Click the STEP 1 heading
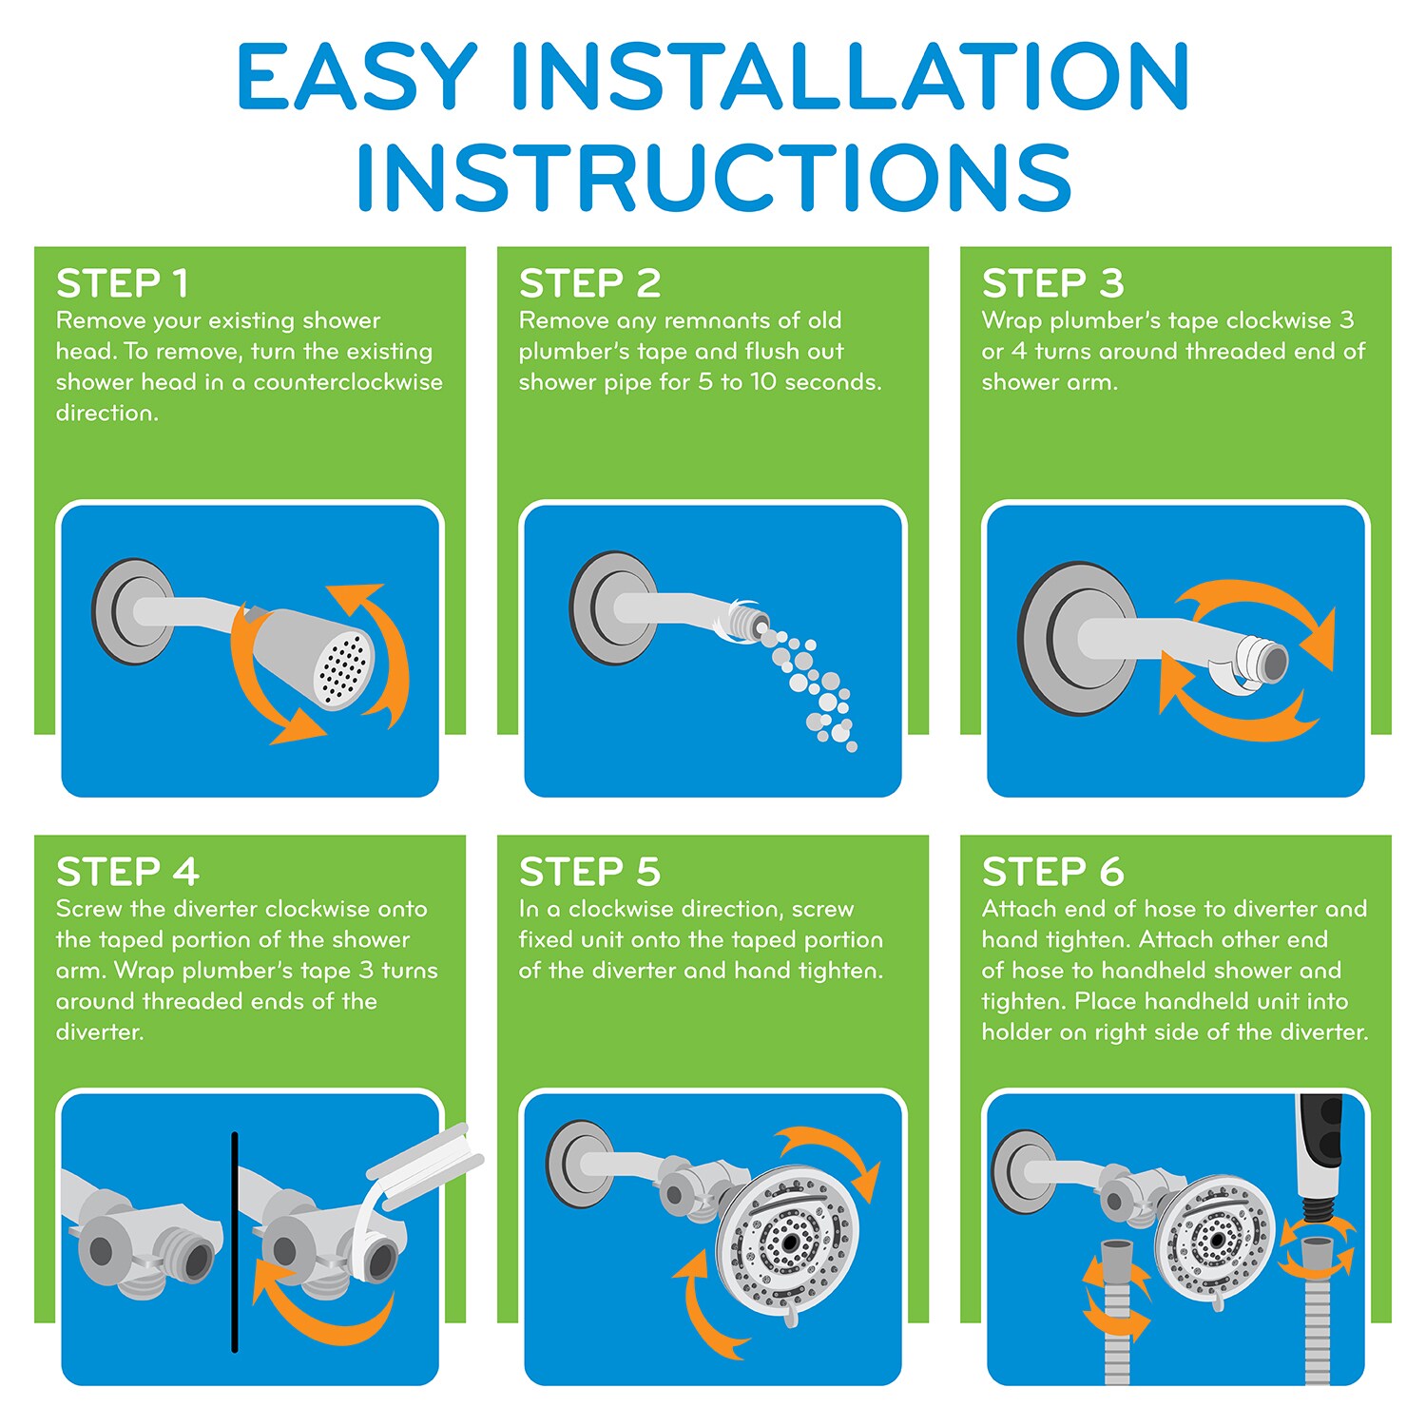pyautogui.click(x=123, y=283)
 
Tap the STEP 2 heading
pyautogui.click(x=589, y=283)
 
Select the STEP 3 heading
pyautogui.click(x=1052, y=283)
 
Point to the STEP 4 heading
pyautogui.click(x=127, y=872)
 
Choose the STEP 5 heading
pyautogui.click(x=589, y=872)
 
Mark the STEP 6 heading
pyautogui.click(x=1052, y=872)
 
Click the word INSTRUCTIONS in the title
pyautogui.click(x=715, y=177)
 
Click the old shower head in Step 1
pyautogui.click(x=304, y=658)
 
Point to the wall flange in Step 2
pyautogui.click(x=611, y=608)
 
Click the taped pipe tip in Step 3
pyautogui.click(x=1261, y=659)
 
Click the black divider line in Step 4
pyautogui.click(x=235, y=1242)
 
